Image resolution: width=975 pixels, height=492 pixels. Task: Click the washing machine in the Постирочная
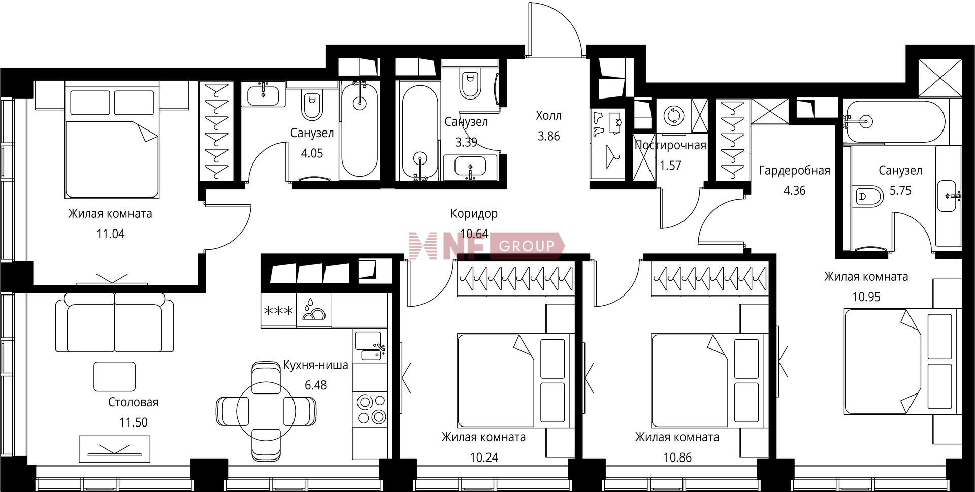coord(673,115)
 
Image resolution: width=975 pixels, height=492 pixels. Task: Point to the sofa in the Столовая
coord(114,325)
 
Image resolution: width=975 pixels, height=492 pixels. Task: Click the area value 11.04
coord(110,234)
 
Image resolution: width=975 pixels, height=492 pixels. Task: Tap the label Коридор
coord(474,214)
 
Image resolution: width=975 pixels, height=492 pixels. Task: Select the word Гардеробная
coord(794,171)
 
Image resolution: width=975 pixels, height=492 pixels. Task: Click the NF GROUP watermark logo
coord(486,246)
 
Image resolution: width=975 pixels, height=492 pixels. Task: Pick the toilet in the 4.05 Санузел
coord(312,105)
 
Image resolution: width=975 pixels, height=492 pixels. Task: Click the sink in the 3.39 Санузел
coord(471,167)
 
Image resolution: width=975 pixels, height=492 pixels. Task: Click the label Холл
coord(548,116)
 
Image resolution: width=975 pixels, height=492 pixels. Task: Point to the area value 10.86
coord(677,457)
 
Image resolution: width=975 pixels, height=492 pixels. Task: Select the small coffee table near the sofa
coord(114,376)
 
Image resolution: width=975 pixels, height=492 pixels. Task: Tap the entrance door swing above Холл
coord(555,29)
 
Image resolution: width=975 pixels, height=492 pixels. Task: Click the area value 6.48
coord(315,385)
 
